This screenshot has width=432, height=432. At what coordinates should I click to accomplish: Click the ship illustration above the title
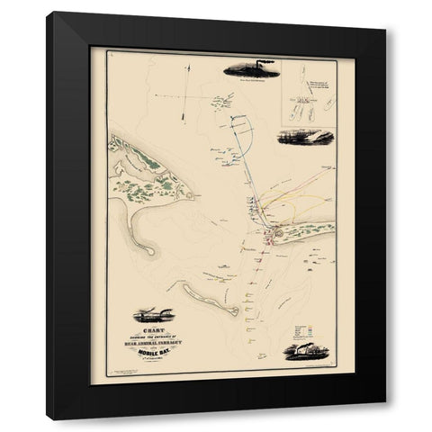coord(150,315)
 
